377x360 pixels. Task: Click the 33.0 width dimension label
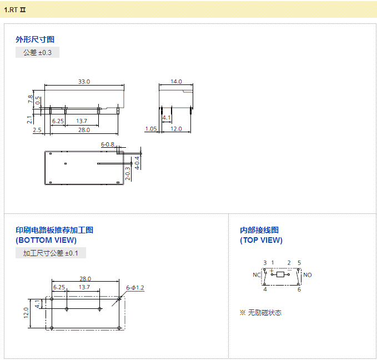click(x=84, y=82)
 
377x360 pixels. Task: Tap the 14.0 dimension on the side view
click(x=176, y=82)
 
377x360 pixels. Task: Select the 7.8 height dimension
click(x=31, y=99)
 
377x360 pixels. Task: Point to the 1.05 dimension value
click(x=151, y=129)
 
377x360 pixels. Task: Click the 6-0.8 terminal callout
click(x=108, y=144)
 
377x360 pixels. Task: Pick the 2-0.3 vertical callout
click(x=128, y=173)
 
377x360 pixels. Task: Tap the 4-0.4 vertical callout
click(x=137, y=163)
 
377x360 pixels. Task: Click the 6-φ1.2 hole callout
click(x=135, y=288)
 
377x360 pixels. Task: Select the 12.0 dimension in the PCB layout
click(x=26, y=313)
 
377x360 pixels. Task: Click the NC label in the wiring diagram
click(x=257, y=275)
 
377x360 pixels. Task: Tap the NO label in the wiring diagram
click(x=308, y=275)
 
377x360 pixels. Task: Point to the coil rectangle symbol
click(x=280, y=274)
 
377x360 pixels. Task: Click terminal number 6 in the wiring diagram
click(x=299, y=289)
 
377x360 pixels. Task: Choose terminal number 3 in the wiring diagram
click(x=265, y=263)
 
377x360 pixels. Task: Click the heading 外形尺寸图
click(x=35, y=39)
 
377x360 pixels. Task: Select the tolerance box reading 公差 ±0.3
click(x=38, y=52)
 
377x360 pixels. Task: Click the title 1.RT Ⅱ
click(x=14, y=10)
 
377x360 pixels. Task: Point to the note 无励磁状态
click(x=265, y=313)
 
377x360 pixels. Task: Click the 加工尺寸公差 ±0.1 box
click(x=51, y=253)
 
